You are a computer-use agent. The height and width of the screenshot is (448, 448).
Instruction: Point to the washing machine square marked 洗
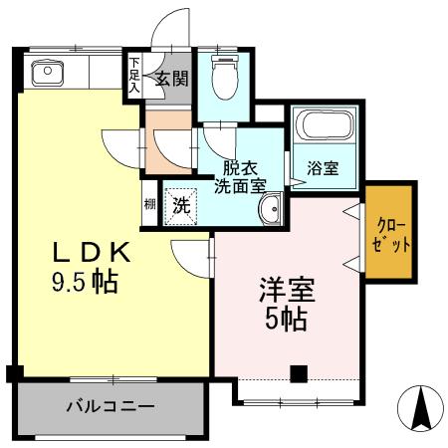coord(181,206)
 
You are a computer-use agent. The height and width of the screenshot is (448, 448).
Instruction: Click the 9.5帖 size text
coord(85,283)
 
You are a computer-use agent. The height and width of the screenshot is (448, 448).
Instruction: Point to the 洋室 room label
coord(287,290)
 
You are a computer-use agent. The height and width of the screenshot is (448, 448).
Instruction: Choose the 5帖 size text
coord(287,321)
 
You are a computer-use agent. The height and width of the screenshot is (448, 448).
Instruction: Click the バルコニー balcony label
coord(111,406)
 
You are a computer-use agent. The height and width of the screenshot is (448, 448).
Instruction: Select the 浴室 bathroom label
coord(323,169)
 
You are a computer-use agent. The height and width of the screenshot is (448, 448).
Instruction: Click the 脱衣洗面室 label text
coord(239,176)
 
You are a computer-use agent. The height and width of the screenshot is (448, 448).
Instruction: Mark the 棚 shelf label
coord(149,205)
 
